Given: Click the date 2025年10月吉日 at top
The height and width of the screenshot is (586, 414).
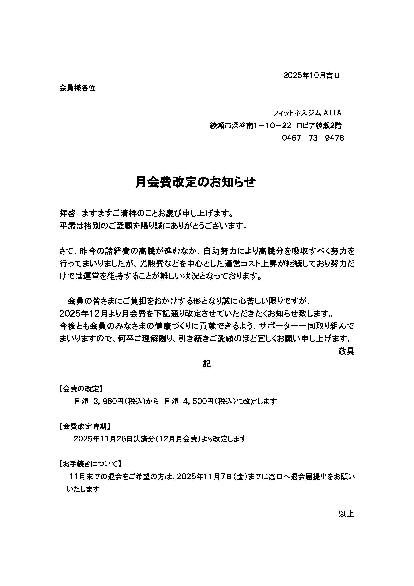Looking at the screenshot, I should pos(312,75).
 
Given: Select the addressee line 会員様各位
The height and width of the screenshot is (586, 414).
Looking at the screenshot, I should pos(77,88).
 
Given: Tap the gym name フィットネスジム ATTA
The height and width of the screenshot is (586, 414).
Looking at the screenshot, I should pos(306,113).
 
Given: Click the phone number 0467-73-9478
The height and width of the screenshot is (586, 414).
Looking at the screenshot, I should pos(313,138).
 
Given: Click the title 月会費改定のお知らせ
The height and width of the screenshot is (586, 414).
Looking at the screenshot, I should pos(195,183).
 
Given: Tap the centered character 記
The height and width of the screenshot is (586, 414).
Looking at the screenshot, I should pos(207,364).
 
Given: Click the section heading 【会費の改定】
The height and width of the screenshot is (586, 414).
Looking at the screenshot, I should pos(81,389).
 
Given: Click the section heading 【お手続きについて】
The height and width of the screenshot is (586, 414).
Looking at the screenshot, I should pos(90,464).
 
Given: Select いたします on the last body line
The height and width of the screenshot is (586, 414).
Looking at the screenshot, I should pos(83,489).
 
